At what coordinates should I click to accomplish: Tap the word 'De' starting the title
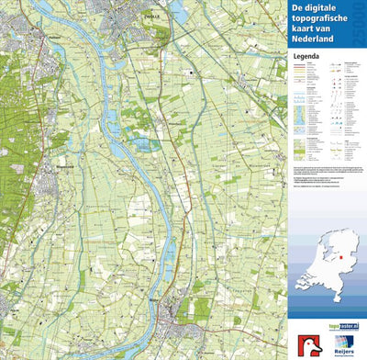coord(300,10)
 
